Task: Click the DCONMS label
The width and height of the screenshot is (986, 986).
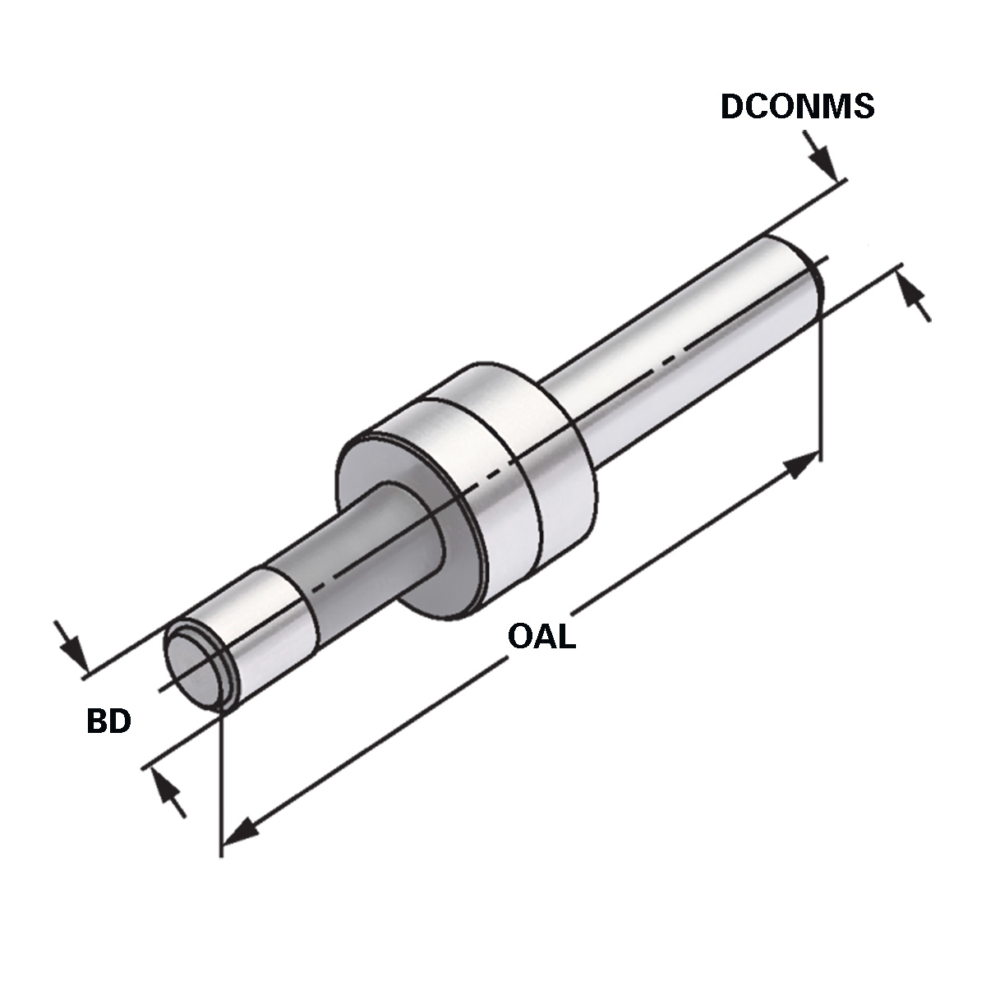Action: (797, 107)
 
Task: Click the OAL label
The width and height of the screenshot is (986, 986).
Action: (541, 637)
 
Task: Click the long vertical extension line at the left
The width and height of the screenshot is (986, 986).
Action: (222, 781)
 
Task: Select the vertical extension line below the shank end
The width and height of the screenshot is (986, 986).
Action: (820, 378)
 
